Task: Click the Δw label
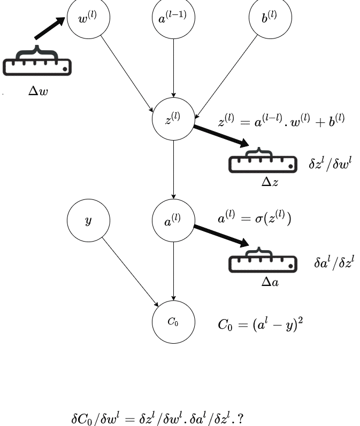click(x=38, y=91)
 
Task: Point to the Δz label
click(x=270, y=182)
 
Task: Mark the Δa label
click(x=270, y=282)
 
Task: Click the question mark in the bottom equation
click(x=240, y=419)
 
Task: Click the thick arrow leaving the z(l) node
click(x=221, y=136)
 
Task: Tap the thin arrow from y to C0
click(x=130, y=272)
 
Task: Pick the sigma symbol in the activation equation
click(x=259, y=219)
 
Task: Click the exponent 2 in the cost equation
click(x=301, y=320)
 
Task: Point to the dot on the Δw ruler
click(x=65, y=69)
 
